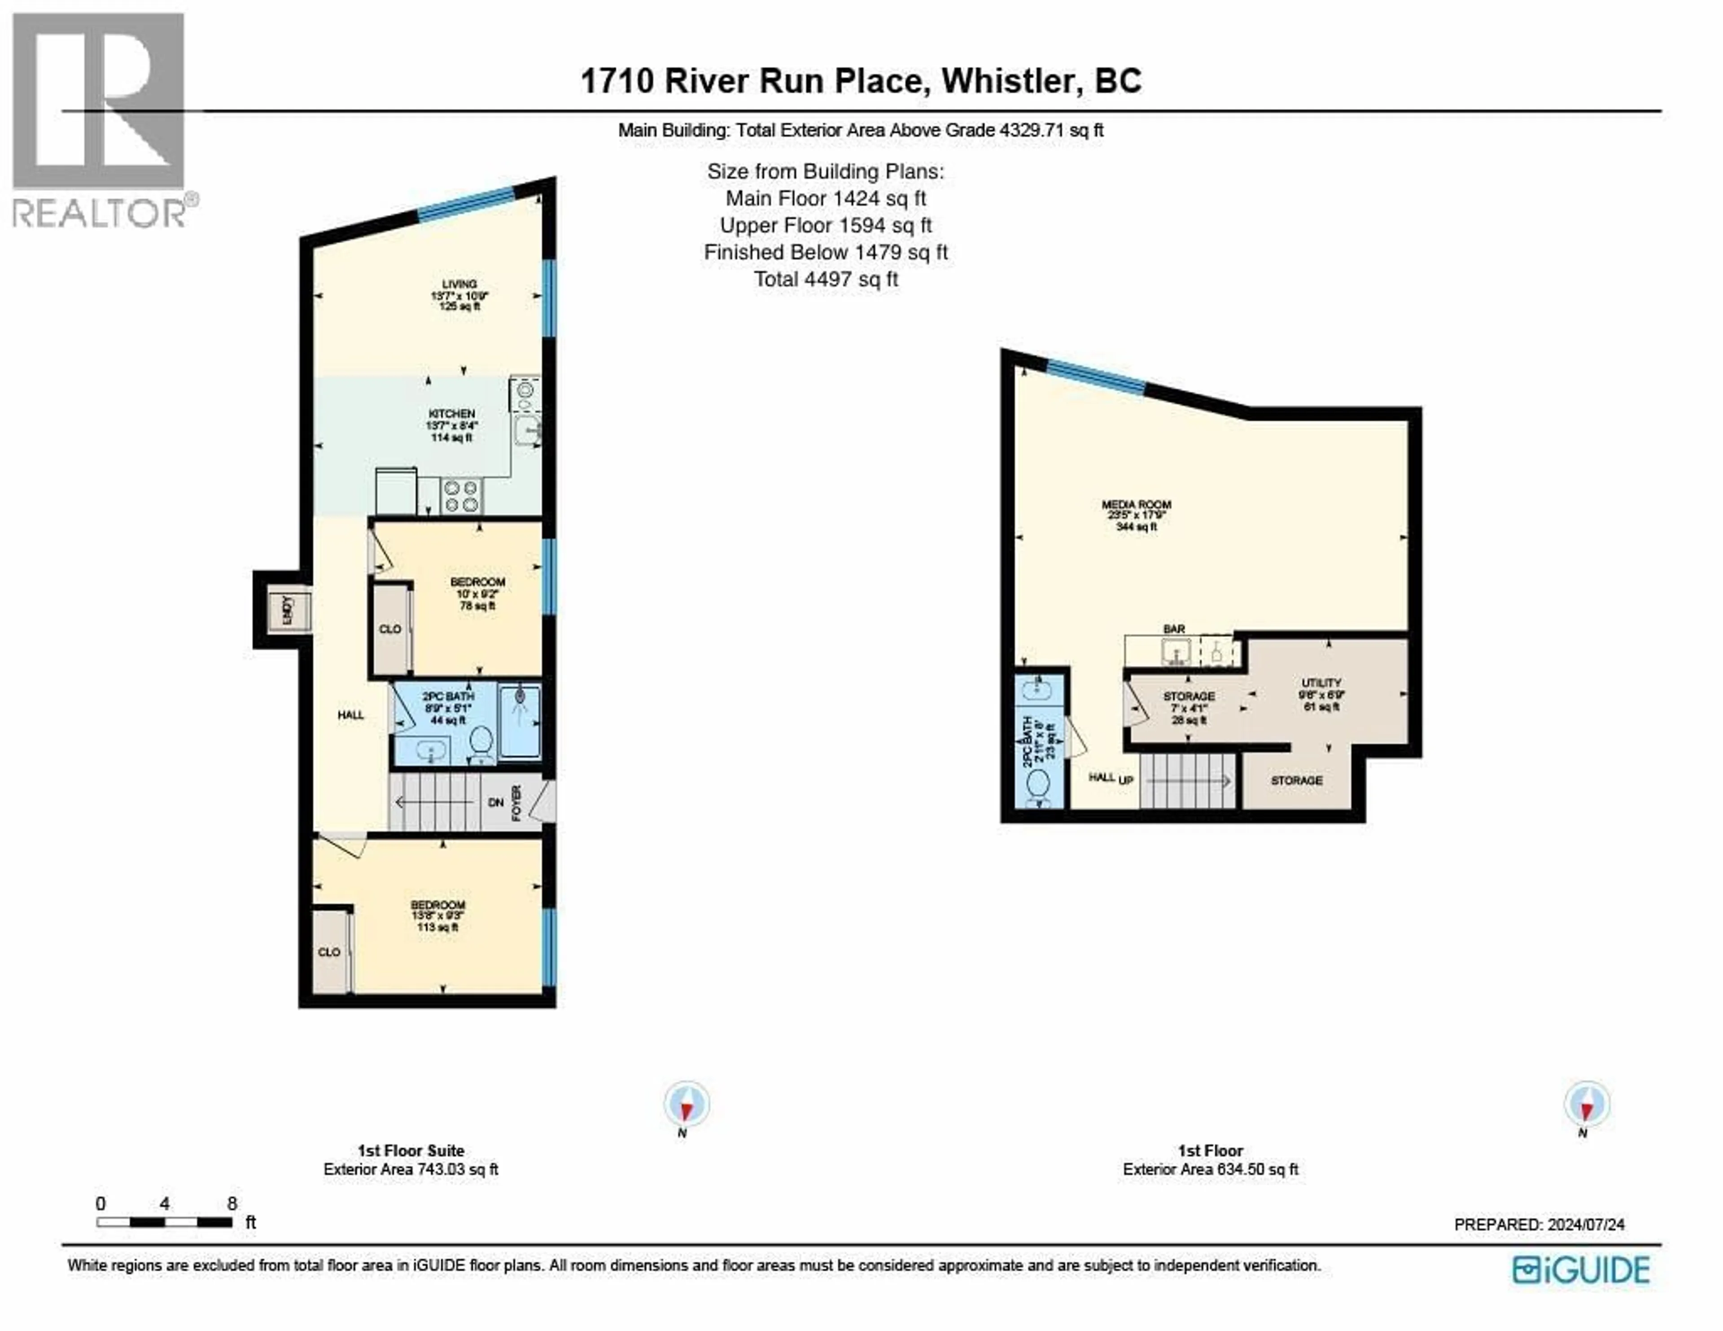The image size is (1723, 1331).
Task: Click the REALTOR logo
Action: tap(100, 118)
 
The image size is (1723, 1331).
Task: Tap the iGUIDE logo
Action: tap(1581, 1270)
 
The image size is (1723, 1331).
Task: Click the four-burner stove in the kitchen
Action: tap(462, 496)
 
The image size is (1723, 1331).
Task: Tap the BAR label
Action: tap(1174, 629)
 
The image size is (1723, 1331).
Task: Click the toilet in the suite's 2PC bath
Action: tap(481, 742)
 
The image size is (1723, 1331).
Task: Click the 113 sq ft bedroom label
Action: tap(438, 915)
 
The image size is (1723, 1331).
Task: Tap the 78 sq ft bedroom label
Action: tap(477, 593)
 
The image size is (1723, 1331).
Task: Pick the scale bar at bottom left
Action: tap(164, 1222)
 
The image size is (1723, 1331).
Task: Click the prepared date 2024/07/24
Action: tap(1586, 1225)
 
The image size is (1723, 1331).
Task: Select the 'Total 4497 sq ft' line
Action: tap(826, 279)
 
